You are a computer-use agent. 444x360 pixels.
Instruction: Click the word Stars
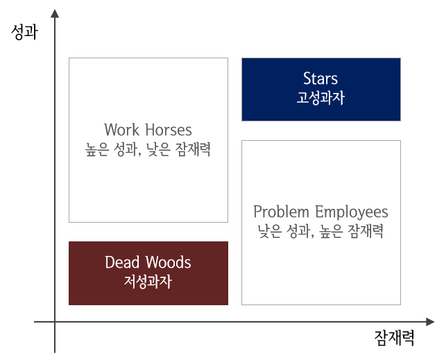[321, 78]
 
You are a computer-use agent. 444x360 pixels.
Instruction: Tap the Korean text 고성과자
[321, 98]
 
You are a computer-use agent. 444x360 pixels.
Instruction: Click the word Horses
[169, 130]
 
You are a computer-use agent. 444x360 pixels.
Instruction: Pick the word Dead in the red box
[123, 262]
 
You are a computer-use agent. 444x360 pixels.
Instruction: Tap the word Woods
[169, 262]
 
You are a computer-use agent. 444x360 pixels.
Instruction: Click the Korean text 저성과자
[148, 282]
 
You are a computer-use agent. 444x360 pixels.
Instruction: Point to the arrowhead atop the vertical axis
[55, 12]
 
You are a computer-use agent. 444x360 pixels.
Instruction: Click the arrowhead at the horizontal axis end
[430, 322]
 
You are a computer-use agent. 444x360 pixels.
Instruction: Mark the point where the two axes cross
[55, 322]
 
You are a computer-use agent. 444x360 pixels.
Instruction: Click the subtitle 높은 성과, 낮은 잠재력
[148, 149]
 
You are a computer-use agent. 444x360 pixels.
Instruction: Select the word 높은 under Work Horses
[98, 149]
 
